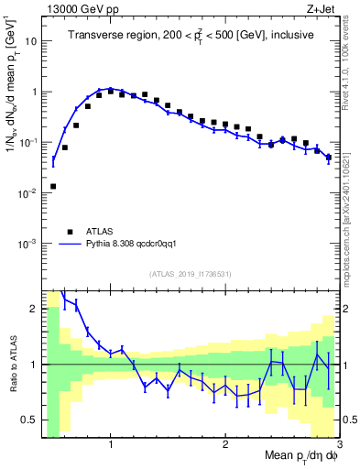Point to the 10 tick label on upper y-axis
click(x=29, y=41)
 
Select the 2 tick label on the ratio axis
click(x=33, y=309)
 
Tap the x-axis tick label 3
click(x=339, y=445)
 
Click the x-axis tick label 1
click(x=110, y=445)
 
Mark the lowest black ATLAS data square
click(x=53, y=186)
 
